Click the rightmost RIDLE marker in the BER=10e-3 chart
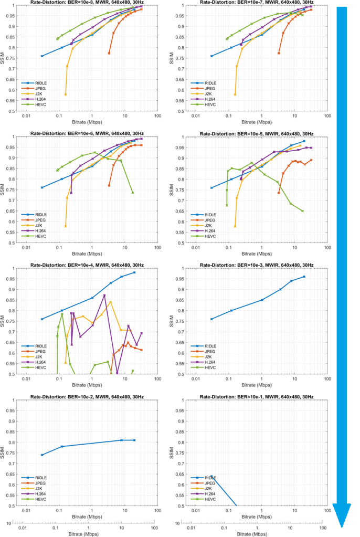pyautogui.click(x=304, y=277)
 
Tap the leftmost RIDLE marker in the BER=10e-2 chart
pyautogui.click(x=42, y=455)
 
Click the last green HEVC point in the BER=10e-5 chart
pyautogui.click(x=302, y=211)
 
